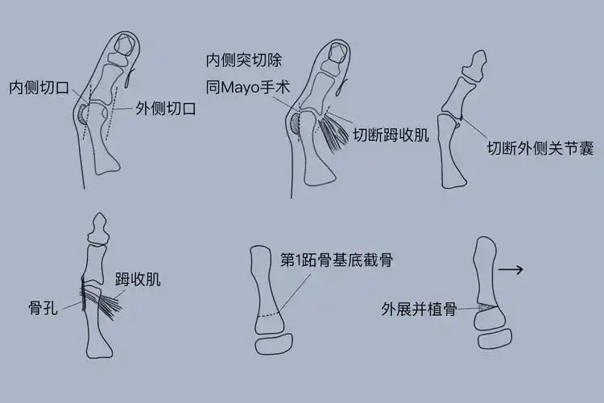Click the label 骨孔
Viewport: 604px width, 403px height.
pos(42,307)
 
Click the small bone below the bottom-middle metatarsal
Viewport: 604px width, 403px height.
pos(279,345)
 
